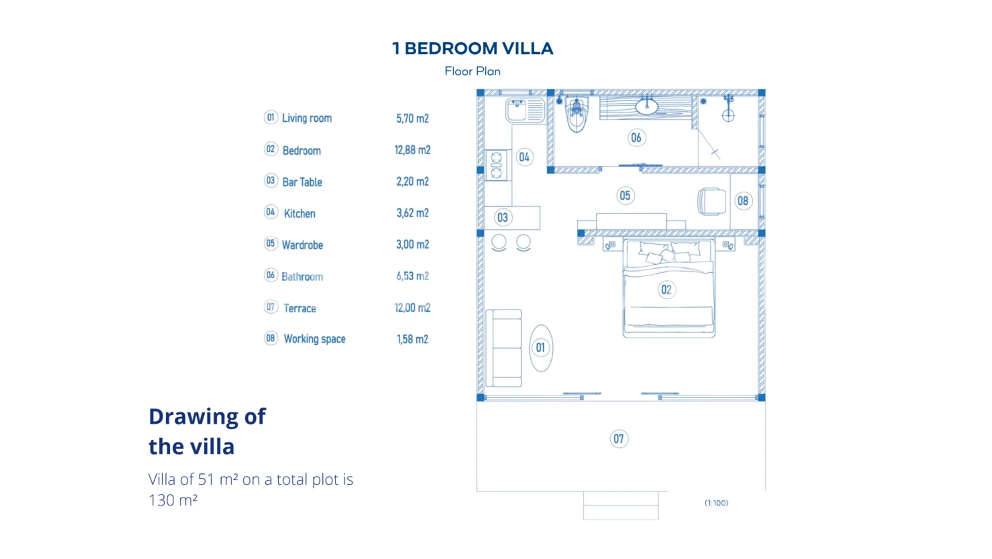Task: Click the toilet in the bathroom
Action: click(576, 115)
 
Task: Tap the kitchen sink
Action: click(525, 110)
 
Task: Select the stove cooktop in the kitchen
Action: click(496, 165)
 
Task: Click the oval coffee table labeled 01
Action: click(541, 348)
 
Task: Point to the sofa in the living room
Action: click(504, 348)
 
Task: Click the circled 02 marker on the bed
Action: click(666, 290)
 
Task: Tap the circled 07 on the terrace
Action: click(618, 439)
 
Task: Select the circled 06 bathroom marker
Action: click(636, 138)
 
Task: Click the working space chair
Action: click(711, 202)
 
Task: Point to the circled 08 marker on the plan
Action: click(743, 201)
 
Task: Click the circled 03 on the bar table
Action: click(503, 217)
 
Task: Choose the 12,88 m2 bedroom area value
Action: click(412, 150)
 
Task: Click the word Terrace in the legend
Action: click(300, 308)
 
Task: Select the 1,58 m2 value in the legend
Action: click(412, 339)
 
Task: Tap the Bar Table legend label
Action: click(302, 182)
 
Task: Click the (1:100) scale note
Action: click(716, 503)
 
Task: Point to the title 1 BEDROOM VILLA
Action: click(472, 48)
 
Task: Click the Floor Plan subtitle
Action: click(472, 71)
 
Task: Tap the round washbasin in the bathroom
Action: click(646, 107)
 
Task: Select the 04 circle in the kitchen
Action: click(524, 157)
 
